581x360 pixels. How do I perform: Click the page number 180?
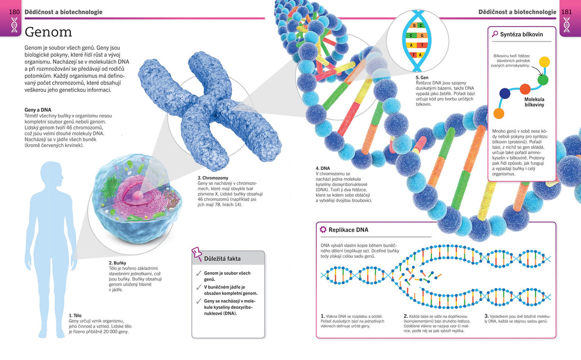[x=14, y=12]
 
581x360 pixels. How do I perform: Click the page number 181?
[x=567, y=12]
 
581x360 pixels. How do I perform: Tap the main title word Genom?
[x=49, y=32]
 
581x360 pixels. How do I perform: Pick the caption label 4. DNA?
[x=323, y=168]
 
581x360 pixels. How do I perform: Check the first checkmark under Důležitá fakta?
[x=199, y=274]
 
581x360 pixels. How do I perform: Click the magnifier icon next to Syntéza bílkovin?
[x=495, y=34]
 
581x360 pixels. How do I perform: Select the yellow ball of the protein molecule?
[x=543, y=62]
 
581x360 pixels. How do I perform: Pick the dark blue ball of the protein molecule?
[x=505, y=93]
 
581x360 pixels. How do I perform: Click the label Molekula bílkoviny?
[x=534, y=102]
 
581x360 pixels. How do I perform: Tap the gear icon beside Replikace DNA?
[x=323, y=229]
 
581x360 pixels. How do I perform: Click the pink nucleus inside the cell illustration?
[x=138, y=195]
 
